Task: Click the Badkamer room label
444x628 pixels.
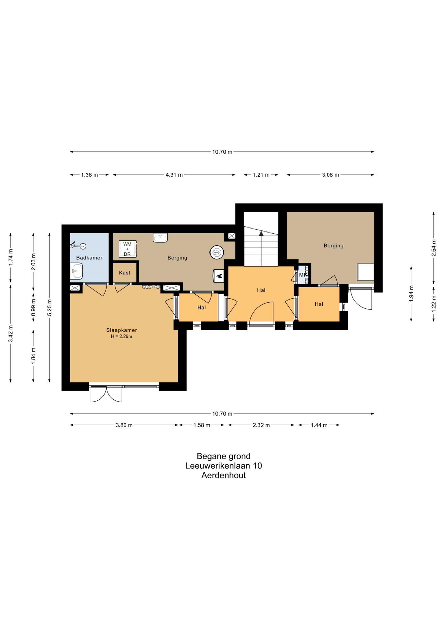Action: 89,258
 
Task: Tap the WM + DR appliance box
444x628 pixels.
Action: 128,249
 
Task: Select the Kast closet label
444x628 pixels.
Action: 125,273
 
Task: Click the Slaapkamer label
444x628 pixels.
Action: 122,330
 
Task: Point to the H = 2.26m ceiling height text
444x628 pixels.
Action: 122,337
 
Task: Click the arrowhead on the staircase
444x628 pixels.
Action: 261,233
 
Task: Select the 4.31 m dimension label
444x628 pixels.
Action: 174,175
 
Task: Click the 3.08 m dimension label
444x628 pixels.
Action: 331,175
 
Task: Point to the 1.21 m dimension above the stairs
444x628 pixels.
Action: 261,175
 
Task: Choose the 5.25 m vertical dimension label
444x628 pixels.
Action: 50,307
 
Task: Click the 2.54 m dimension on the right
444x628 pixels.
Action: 434,248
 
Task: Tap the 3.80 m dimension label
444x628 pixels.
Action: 124,425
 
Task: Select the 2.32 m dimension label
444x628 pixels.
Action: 261,425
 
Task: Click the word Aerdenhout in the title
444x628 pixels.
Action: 224,475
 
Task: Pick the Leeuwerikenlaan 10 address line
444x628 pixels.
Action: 224,466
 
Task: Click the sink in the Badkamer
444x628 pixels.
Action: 77,271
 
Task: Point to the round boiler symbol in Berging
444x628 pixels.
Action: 217,252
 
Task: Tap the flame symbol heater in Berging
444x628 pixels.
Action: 219,276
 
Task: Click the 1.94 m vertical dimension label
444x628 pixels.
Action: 411,293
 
